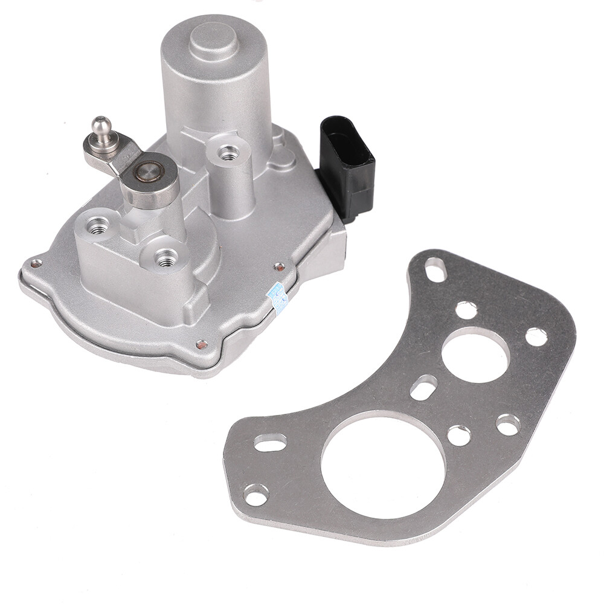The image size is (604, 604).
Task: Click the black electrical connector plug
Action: coord(346,165)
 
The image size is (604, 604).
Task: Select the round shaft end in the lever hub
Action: coord(147,173)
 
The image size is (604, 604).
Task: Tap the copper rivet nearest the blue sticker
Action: coord(279,266)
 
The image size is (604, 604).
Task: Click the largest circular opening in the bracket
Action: coord(383,467)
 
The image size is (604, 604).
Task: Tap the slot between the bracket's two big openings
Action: coord(424,387)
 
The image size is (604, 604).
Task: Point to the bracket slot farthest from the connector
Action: coord(269,443)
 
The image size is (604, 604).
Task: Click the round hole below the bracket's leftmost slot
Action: coord(256,495)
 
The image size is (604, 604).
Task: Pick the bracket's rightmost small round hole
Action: coord(536,336)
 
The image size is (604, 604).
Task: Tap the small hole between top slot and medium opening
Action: coord(466,310)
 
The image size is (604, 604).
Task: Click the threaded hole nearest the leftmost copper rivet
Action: coord(97,226)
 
